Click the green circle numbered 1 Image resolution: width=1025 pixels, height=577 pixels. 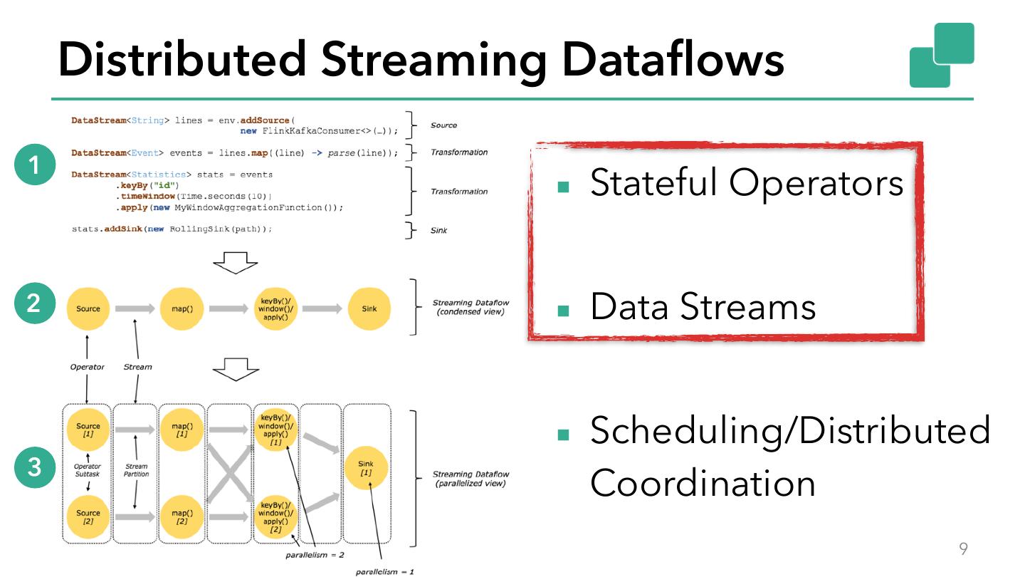point(34,165)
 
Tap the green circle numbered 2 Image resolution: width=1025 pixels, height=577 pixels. point(34,303)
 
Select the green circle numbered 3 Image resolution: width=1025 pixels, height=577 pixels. point(34,468)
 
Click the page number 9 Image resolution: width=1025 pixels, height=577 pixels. point(964,549)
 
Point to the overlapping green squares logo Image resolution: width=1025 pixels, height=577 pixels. point(941,55)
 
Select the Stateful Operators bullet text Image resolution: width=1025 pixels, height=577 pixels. point(746,183)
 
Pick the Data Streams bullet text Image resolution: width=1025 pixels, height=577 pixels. point(703,306)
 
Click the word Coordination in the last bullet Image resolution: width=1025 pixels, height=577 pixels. point(702,483)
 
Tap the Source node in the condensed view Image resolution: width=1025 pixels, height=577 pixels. point(88,308)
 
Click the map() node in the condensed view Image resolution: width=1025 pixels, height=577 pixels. point(182,308)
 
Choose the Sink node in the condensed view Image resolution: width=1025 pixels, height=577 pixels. point(369,308)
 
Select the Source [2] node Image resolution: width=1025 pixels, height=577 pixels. point(88,517)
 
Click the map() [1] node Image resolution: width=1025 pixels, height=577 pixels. point(182,430)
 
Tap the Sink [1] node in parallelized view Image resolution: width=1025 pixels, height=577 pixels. point(365,468)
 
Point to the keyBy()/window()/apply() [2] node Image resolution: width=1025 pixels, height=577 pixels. point(275,517)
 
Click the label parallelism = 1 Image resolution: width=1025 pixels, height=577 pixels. point(384,571)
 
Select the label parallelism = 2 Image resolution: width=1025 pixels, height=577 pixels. point(315,554)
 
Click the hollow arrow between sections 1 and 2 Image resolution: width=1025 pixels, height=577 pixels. point(236,263)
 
